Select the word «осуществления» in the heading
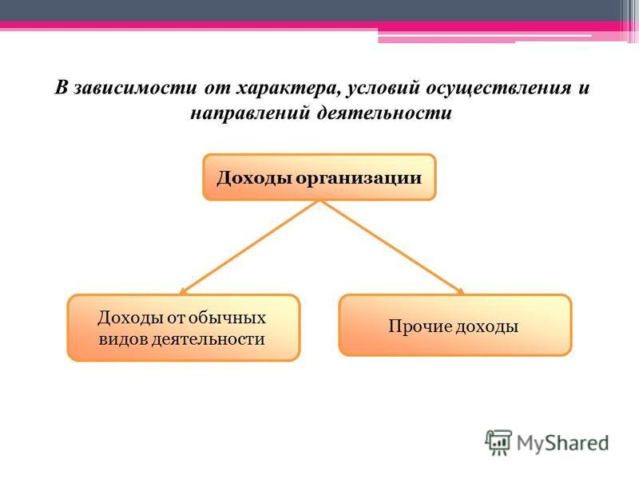pos(498,89)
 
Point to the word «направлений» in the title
pos(251,113)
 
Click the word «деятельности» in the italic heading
pos(384,113)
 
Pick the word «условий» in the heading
pos(383,89)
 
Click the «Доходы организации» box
pos(319,177)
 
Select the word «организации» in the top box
pos(358,178)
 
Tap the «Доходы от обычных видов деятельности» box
pos(184,328)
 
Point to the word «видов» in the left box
pos(123,339)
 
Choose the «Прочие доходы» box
pos(455,326)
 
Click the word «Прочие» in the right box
pos(420,327)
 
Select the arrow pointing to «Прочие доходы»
pos(392,247)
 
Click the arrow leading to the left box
pos(250,247)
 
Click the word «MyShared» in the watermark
pos(563,443)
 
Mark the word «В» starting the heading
pos(62,88)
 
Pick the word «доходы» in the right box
pos(486,327)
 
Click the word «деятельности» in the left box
pos(208,339)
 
